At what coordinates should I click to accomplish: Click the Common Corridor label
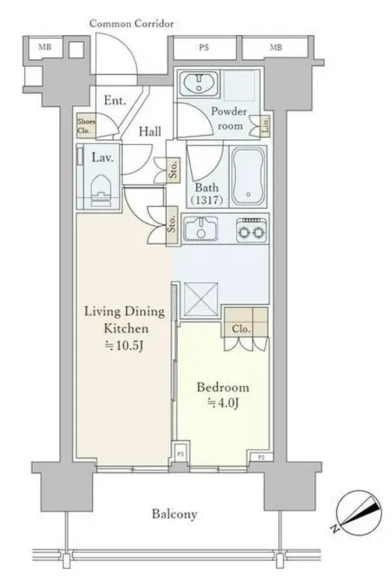(x=132, y=24)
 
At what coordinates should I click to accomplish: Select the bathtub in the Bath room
(x=249, y=177)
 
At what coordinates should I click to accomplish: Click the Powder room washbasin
(x=199, y=83)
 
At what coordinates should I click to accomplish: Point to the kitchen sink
(x=201, y=229)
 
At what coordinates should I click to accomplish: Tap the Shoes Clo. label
(x=86, y=125)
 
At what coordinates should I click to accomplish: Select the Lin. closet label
(x=266, y=125)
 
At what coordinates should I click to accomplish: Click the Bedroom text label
(x=222, y=387)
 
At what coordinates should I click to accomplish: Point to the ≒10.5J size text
(x=123, y=346)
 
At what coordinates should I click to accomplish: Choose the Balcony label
(x=175, y=514)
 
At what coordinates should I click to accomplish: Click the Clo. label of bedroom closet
(x=241, y=329)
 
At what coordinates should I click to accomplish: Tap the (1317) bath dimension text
(x=207, y=200)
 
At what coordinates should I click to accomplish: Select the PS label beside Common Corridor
(x=203, y=47)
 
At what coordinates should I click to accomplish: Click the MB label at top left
(x=45, y=47)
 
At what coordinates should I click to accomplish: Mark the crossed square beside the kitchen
(x=200, y=299)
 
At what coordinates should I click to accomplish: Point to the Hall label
(x=150, y=131)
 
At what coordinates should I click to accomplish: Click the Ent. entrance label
(x=115, y=100)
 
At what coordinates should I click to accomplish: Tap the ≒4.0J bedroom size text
(x=223, y=403)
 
